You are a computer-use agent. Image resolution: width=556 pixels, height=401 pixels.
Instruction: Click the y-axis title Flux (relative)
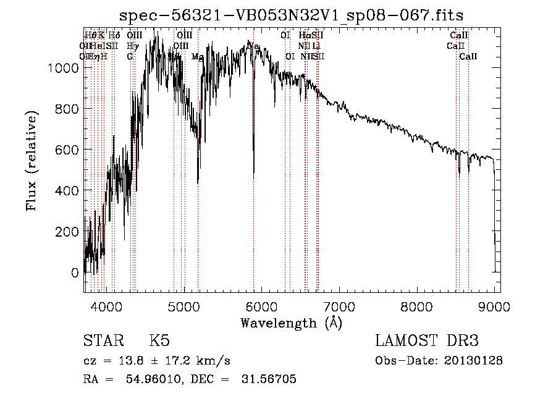32,161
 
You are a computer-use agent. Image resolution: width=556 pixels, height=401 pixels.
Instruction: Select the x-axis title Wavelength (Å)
292,323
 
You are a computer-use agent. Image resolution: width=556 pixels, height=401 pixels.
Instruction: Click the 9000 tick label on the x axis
495,306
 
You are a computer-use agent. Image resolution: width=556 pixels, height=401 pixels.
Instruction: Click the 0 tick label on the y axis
75,272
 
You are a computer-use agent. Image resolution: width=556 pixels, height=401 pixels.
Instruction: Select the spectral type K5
159,342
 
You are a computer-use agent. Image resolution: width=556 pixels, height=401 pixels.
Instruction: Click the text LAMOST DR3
427,342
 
